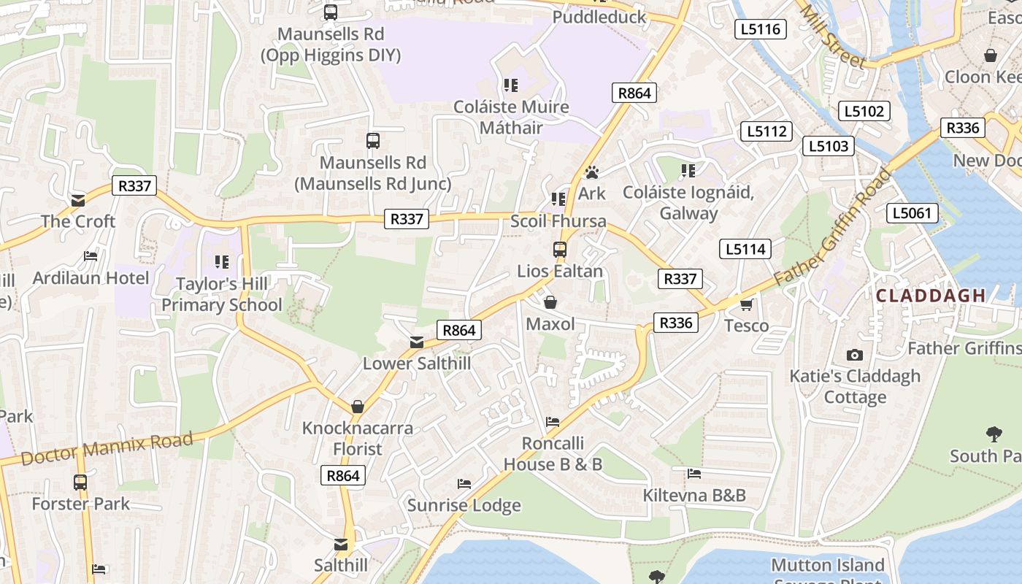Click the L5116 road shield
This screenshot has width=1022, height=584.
pyautogui.click(x=760, y=29)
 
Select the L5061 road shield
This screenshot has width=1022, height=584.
pyautogui.click(x=912, y=213)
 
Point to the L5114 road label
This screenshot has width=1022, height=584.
pyautogui.click(x=745, y=249)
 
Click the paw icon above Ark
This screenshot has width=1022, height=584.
pyautogui.click(x=592, y=172)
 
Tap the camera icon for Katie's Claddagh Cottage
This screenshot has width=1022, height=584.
pyautogui.click(x=855, y=356)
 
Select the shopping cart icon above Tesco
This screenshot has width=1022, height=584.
pyautogui.click(x=746, y=304)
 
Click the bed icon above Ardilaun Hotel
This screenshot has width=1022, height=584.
pyautogui.click(x=91, y=256)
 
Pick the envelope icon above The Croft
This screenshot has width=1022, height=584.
pyautogui.click(x=78, y=201)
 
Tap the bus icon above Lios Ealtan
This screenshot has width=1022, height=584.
pyautogui.click(x=560, y=250)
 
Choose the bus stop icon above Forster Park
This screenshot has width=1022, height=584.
pyautogui.click(x=80, y=483)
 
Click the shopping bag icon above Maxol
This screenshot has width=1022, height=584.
pyautogui.click(x=550, y=302)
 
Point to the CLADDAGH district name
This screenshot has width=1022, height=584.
pyautogui.click(x=931, y=296)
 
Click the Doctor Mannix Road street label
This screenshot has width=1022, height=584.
pyautogui.click(x=107, y=447)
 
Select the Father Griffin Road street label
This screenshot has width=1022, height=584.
pyautogui.click(x=832, y=228)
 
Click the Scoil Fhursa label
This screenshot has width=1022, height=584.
pyautogui.click(x=558, y=221)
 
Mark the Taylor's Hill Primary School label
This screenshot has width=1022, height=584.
pyautogui.click(x=222, y=294)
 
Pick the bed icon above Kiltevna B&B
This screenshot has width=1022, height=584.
pyautogui.click(x=694, y=474)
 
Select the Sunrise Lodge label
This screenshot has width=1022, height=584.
pyautogui.click(x=464, y=505)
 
